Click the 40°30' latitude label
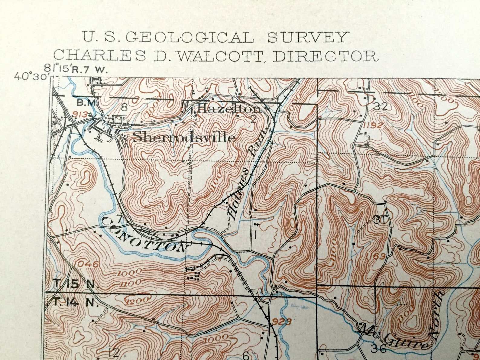[x=31, y=76]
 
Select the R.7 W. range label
[x=89, y=70]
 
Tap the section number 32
[x=380, y=106]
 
